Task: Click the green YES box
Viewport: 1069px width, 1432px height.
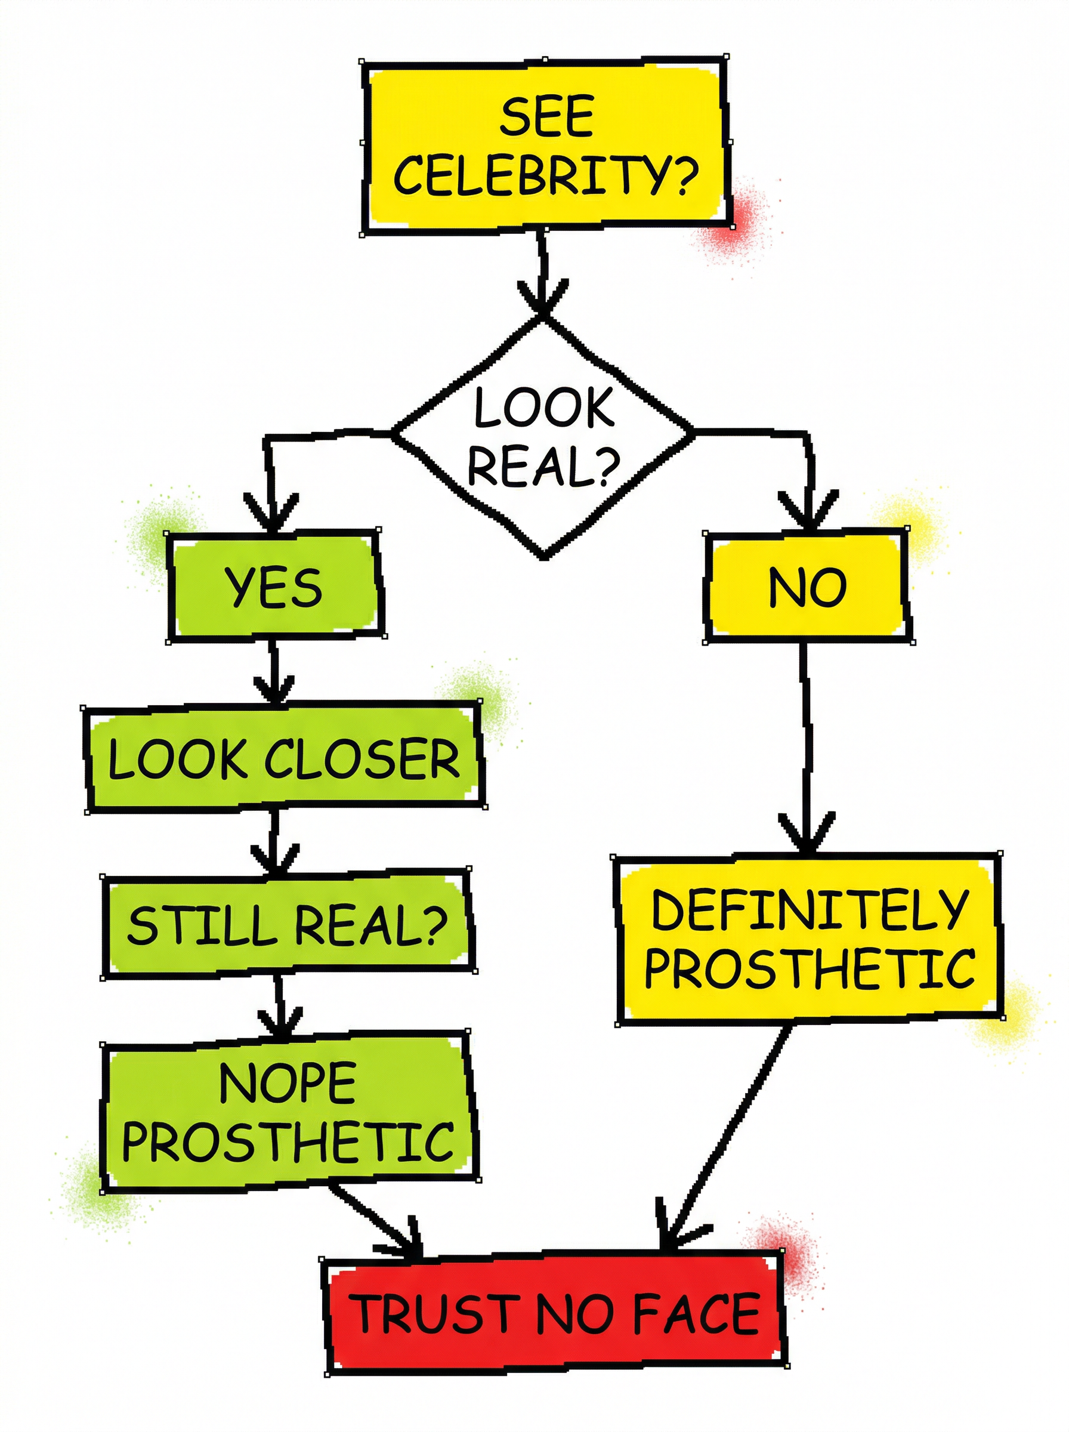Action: click(274, 587)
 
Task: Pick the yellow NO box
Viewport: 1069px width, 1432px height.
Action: click(807, 587)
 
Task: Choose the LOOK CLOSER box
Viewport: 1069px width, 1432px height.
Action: click(283, 758)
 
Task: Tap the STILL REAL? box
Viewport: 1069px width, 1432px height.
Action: click(287, 925)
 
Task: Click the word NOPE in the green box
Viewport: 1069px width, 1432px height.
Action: click(288, 1082)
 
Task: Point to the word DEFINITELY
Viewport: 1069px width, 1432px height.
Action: click(810, 910)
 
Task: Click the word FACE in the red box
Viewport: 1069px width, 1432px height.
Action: click(696, 1314)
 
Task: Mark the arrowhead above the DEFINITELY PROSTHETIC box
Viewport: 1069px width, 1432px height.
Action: click(807, 835)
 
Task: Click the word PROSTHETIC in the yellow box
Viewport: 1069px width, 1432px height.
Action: click(810, 968)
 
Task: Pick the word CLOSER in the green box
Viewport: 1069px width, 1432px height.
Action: click(362, 758)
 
